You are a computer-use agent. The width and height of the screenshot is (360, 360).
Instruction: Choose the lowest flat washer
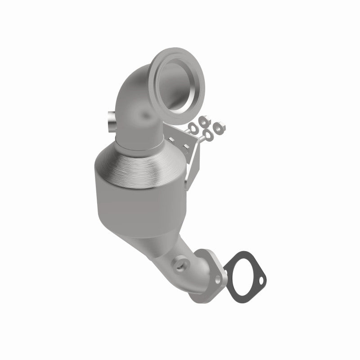click(209, 135)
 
